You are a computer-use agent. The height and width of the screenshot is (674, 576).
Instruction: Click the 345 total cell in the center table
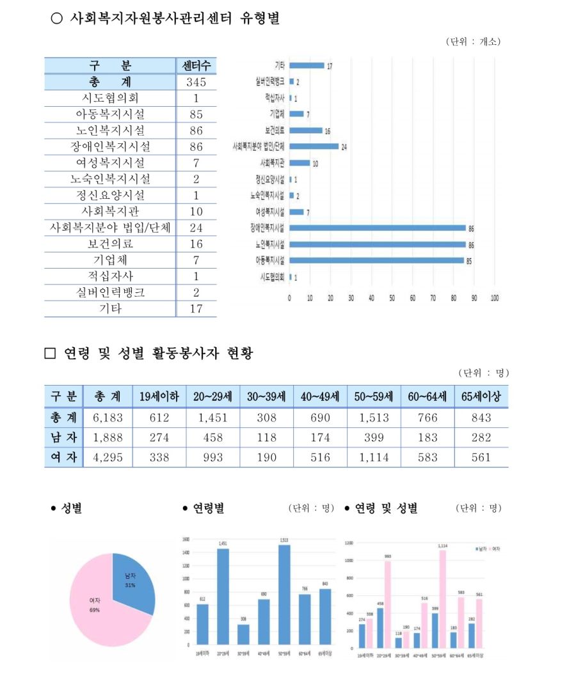tap(196, 82)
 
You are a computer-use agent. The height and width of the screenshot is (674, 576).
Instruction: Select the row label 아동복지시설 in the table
tap(109, 114)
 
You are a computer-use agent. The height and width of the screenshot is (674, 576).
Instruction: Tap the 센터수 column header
tap(196, 66)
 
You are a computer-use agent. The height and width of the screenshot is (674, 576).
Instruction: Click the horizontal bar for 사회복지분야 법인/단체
tap(314, 146)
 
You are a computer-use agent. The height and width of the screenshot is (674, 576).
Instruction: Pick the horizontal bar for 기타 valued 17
tap(307, 65)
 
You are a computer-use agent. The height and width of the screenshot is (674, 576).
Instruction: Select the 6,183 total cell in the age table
tap(107, 418)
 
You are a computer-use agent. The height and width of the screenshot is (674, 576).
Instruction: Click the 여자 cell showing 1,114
tap(374, 457)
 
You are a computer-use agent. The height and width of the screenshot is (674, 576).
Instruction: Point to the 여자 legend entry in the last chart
tap(493, 549)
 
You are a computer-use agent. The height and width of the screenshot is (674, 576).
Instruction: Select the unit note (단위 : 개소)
tap(473, 42)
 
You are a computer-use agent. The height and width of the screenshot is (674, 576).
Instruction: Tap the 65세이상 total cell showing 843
tap(481, 418)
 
